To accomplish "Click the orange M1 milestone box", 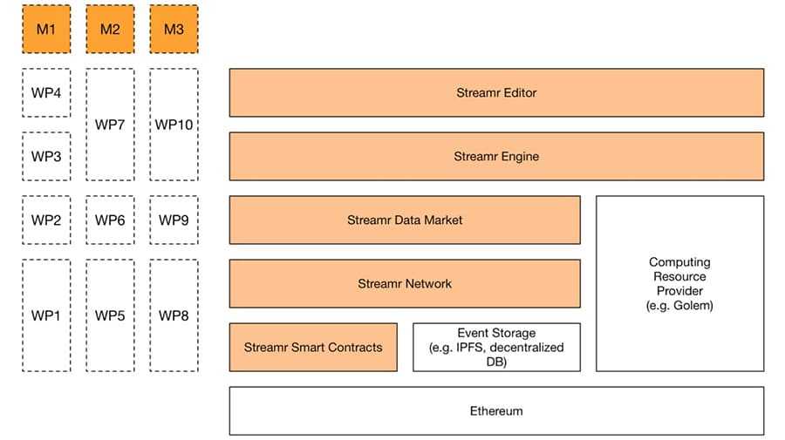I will coord(46,29).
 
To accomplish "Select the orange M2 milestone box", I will coord(110,29).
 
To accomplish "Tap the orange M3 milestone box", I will coord(174,29).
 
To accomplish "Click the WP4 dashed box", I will coord(46,92).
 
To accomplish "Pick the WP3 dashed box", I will coord(46,156).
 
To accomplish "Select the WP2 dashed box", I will coord(46,220).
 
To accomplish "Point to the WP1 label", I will coord(46,315).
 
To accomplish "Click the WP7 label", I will coord(110,125).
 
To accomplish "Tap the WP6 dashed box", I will coord(110,220).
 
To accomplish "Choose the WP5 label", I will coord(110,315).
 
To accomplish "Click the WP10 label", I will coord(174,125).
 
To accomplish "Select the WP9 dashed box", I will coord(174,220).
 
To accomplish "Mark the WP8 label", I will coord(174,315).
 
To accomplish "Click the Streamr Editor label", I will coord(495,92).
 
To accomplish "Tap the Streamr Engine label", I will coord(495,157).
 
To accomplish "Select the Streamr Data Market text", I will coord(404,220).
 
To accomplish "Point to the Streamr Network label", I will coord(404,283).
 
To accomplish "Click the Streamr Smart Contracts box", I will coord(313,347).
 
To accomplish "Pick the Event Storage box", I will coord(495,347).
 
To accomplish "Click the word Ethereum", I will coord(495,410).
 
